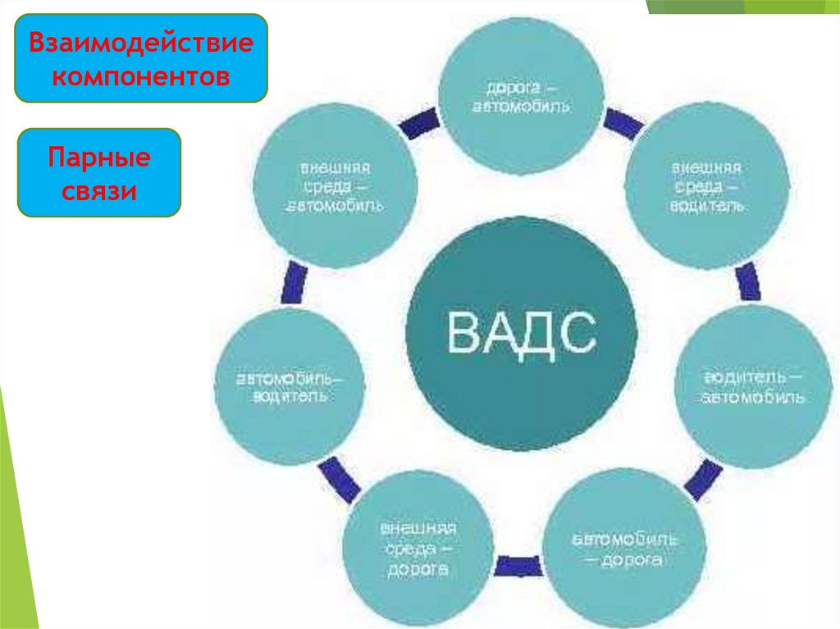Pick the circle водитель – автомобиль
pos(752,386)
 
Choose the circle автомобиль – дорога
pos(624,549)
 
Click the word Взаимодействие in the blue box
pos(141,43)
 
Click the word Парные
pos(98,156)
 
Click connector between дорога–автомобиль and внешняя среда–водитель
pos(624,123)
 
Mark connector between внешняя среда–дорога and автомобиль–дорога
pos(516,565)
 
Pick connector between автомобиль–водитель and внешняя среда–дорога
pos(339,477)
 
